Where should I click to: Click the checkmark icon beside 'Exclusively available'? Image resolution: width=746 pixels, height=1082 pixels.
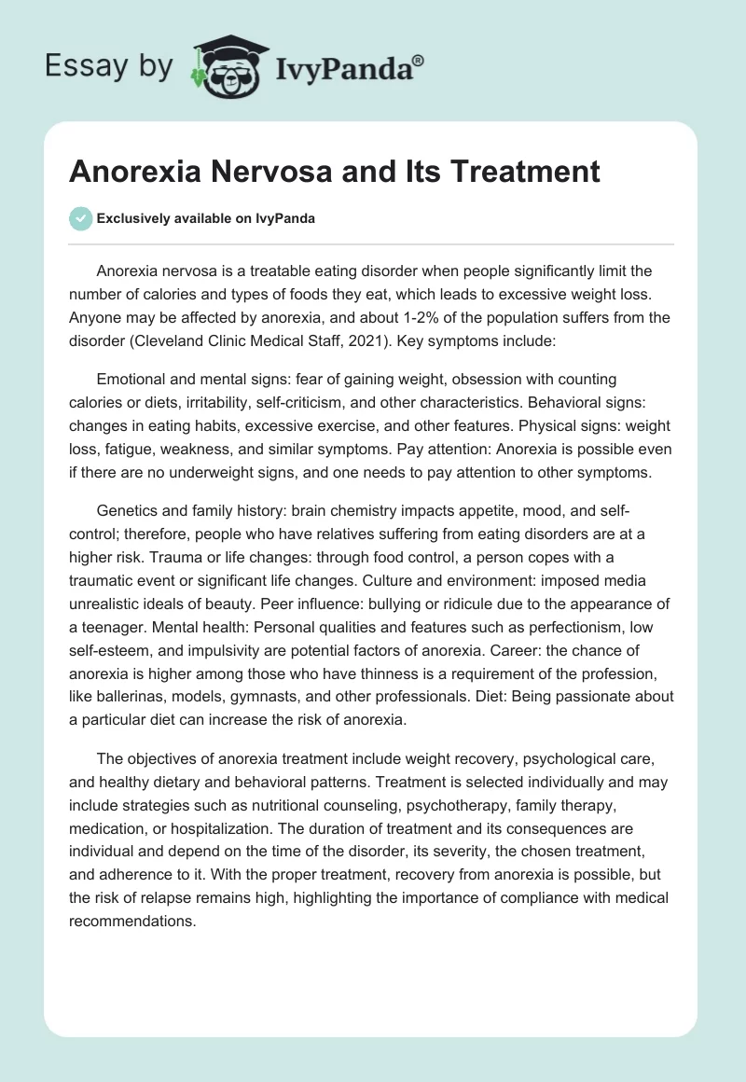click(x=79, y=218)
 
